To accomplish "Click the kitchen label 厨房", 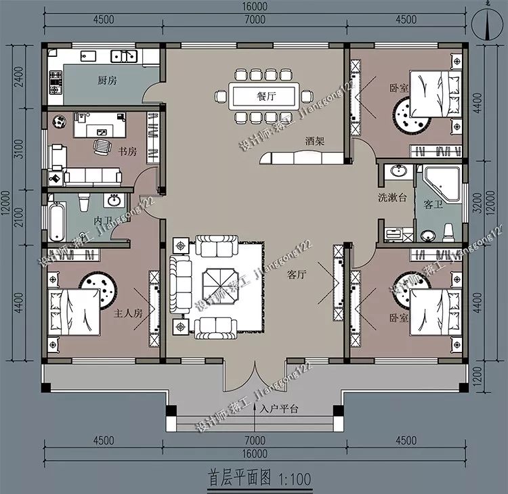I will pos(107,81).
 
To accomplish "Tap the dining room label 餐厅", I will pos(266,96).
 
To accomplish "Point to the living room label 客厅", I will pos(297,275).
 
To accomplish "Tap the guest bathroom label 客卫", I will pos(433,204).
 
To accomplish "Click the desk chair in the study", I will pos(102,145).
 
